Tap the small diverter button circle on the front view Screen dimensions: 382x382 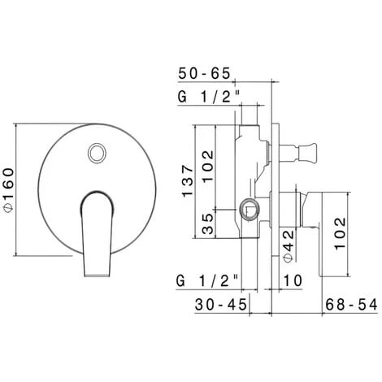click(98, 152)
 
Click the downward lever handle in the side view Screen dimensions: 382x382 click(317, 228)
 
